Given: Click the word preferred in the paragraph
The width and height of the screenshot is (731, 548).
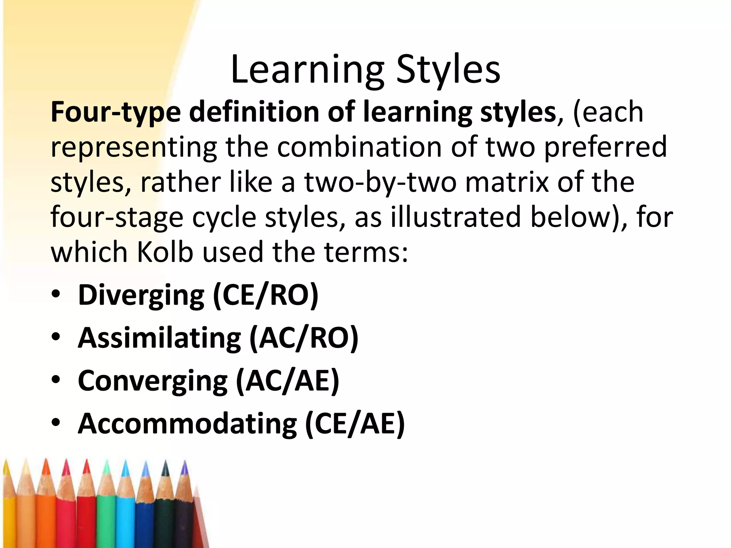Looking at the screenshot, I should tap(605, 147).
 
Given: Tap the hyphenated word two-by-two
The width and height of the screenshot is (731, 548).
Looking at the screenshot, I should tap(380, 182).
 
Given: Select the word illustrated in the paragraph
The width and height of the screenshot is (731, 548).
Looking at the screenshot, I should tap(456, 217).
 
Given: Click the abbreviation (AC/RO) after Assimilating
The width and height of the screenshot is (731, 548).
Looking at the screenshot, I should tap(304, 338).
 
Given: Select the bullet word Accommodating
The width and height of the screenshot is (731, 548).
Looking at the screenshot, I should tap(187, 424).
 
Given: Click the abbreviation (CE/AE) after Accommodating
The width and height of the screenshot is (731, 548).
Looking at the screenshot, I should tap(355, 424).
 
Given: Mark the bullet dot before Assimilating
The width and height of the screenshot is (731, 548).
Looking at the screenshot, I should tap(56, 337).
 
